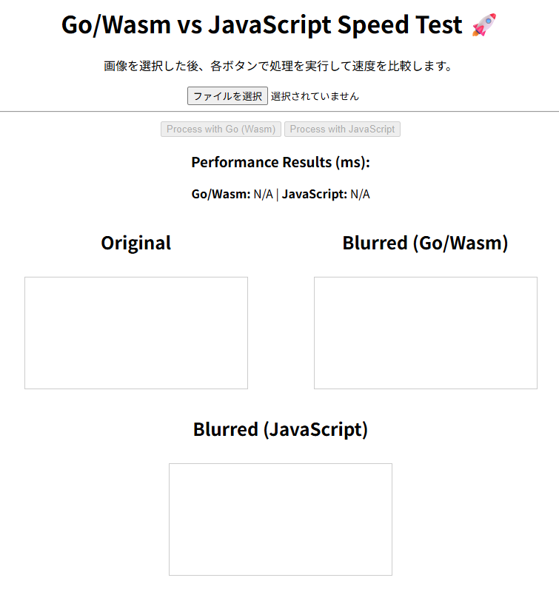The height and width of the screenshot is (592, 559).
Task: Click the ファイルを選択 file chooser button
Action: (227, 96)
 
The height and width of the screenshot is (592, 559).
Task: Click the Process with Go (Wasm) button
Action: (221, 129)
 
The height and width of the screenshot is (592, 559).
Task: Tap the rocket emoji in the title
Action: (483, 25)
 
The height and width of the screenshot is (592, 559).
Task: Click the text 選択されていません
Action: (315, 96)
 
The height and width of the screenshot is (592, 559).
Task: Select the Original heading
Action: (136, 243)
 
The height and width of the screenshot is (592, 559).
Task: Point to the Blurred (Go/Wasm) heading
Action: (425, 243)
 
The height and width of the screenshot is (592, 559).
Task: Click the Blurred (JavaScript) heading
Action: (280, 429)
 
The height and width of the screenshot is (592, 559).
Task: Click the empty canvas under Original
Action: (136, 333)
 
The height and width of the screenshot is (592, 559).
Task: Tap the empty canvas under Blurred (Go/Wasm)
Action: (425, 333)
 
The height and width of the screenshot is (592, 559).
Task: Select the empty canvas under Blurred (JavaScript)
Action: (280, 519)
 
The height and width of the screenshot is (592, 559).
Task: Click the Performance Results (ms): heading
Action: (280, 162)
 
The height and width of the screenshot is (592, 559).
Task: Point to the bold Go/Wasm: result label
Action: (221, 195)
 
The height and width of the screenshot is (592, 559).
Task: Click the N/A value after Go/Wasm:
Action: (263, 195)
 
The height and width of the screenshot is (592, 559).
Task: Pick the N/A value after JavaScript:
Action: (360, 195)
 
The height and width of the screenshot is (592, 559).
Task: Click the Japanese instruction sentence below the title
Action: (278, 67)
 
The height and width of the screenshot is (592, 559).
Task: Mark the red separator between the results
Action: (278, 195)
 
